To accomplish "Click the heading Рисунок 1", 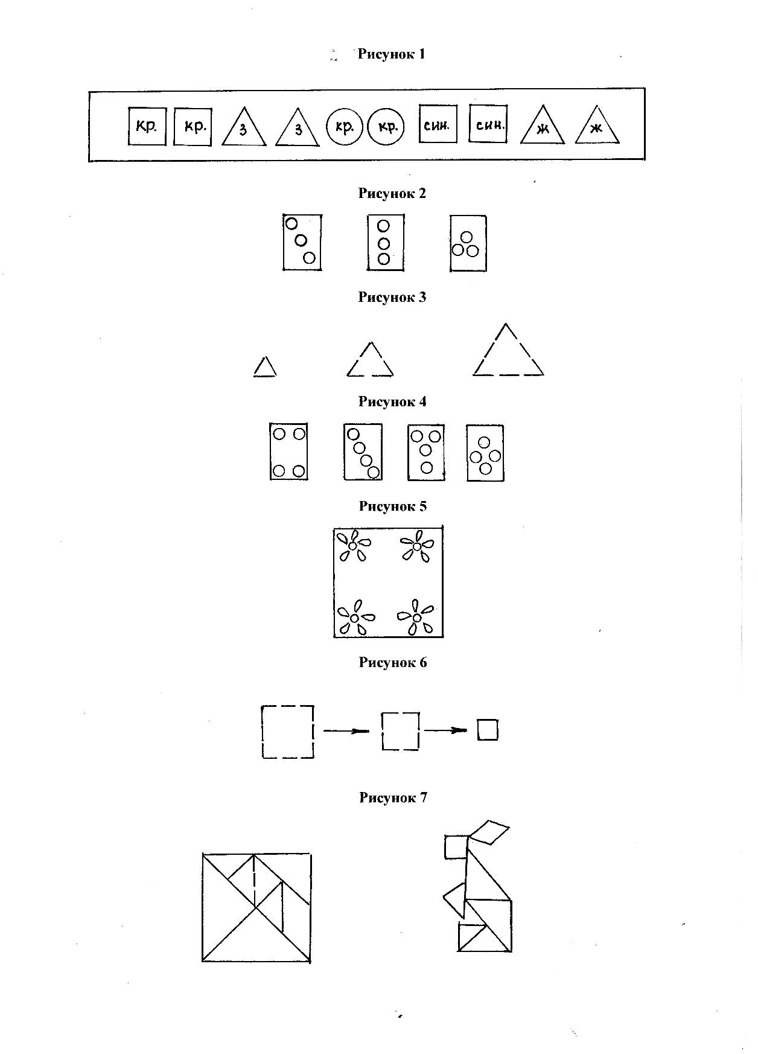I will coord(391,54).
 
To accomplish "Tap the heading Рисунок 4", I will coord(392,402).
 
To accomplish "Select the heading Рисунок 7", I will coord(393,798).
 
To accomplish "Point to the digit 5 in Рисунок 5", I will coord(422,506).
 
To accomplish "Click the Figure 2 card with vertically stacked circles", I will coord(385,243).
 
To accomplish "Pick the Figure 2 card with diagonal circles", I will coord(302,242).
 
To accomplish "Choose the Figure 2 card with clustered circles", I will coord(468,243).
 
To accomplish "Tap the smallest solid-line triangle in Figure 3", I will coord(265,367).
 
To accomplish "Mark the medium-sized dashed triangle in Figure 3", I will coord(370,361).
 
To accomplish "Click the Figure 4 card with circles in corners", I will coord(288,452).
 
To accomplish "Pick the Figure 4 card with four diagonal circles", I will coord(363,452).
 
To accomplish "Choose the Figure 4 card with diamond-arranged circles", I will coord(485,453).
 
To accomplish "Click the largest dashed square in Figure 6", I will coord(288,731).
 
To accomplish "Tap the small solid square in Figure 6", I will coord(488,730).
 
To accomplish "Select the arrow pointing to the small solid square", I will coord(445,730).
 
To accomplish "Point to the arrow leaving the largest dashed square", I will coord(346,731).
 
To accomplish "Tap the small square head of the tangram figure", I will coord(456,846).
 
